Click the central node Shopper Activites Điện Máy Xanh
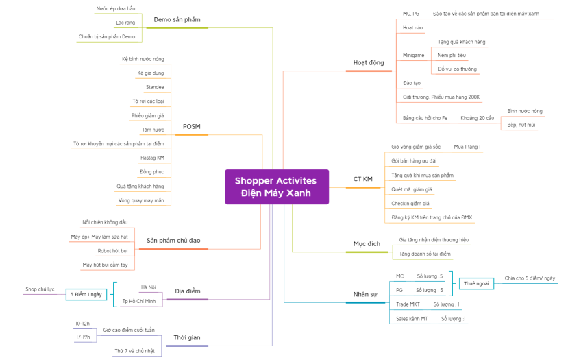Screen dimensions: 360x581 (x=276, y=187)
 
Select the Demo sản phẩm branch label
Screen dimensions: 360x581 (x=177, y=19)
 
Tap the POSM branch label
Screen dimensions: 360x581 (x=191, y=126)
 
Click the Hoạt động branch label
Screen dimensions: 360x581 (x=369, y=62)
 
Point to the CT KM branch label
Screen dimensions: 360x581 (x=362, y=179)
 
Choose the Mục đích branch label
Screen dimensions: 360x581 (x=367, y=244)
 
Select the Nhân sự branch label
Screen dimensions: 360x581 (x=365, y=294)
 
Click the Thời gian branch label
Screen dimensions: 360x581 (x=186, y=337)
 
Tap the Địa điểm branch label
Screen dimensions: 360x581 (x=187, y=291)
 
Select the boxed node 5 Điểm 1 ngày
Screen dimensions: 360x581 (x=86, y=294)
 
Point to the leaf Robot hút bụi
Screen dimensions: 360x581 (x=113, y=251)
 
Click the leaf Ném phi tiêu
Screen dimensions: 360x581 (x=452, y=55)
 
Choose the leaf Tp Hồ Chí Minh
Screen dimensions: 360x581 (x=138, y=301)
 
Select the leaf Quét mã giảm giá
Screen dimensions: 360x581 (x=412, y=189)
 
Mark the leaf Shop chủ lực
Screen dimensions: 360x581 (x=40, y=289)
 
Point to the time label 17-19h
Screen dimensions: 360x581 (x=82, y=337)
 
